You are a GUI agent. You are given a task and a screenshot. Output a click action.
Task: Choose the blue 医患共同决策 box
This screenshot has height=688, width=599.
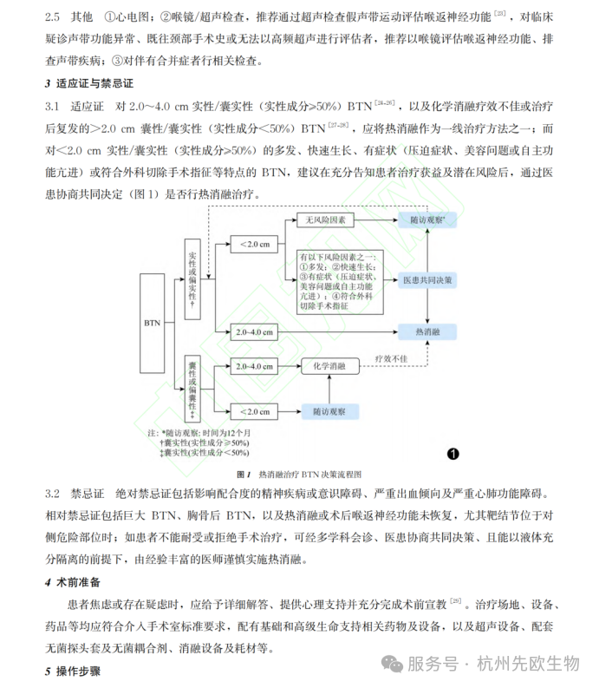pyautogui.click(x=428, y=281)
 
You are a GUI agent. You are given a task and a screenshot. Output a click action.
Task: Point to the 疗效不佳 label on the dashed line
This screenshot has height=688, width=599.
pyautogui.click(x=390, y=356)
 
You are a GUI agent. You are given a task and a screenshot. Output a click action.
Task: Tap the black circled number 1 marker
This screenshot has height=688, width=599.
pyautogui.click(x=453, y=452)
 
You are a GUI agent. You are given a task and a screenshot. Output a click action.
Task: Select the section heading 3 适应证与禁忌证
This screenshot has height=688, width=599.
pyautogui.click(x=89, y=84)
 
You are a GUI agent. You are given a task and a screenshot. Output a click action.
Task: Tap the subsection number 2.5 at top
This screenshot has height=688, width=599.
pyautogui.click(x=55, y=16)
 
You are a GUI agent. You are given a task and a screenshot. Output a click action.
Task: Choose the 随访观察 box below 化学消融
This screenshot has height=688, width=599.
pyautogui.click(x=329, y=410)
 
